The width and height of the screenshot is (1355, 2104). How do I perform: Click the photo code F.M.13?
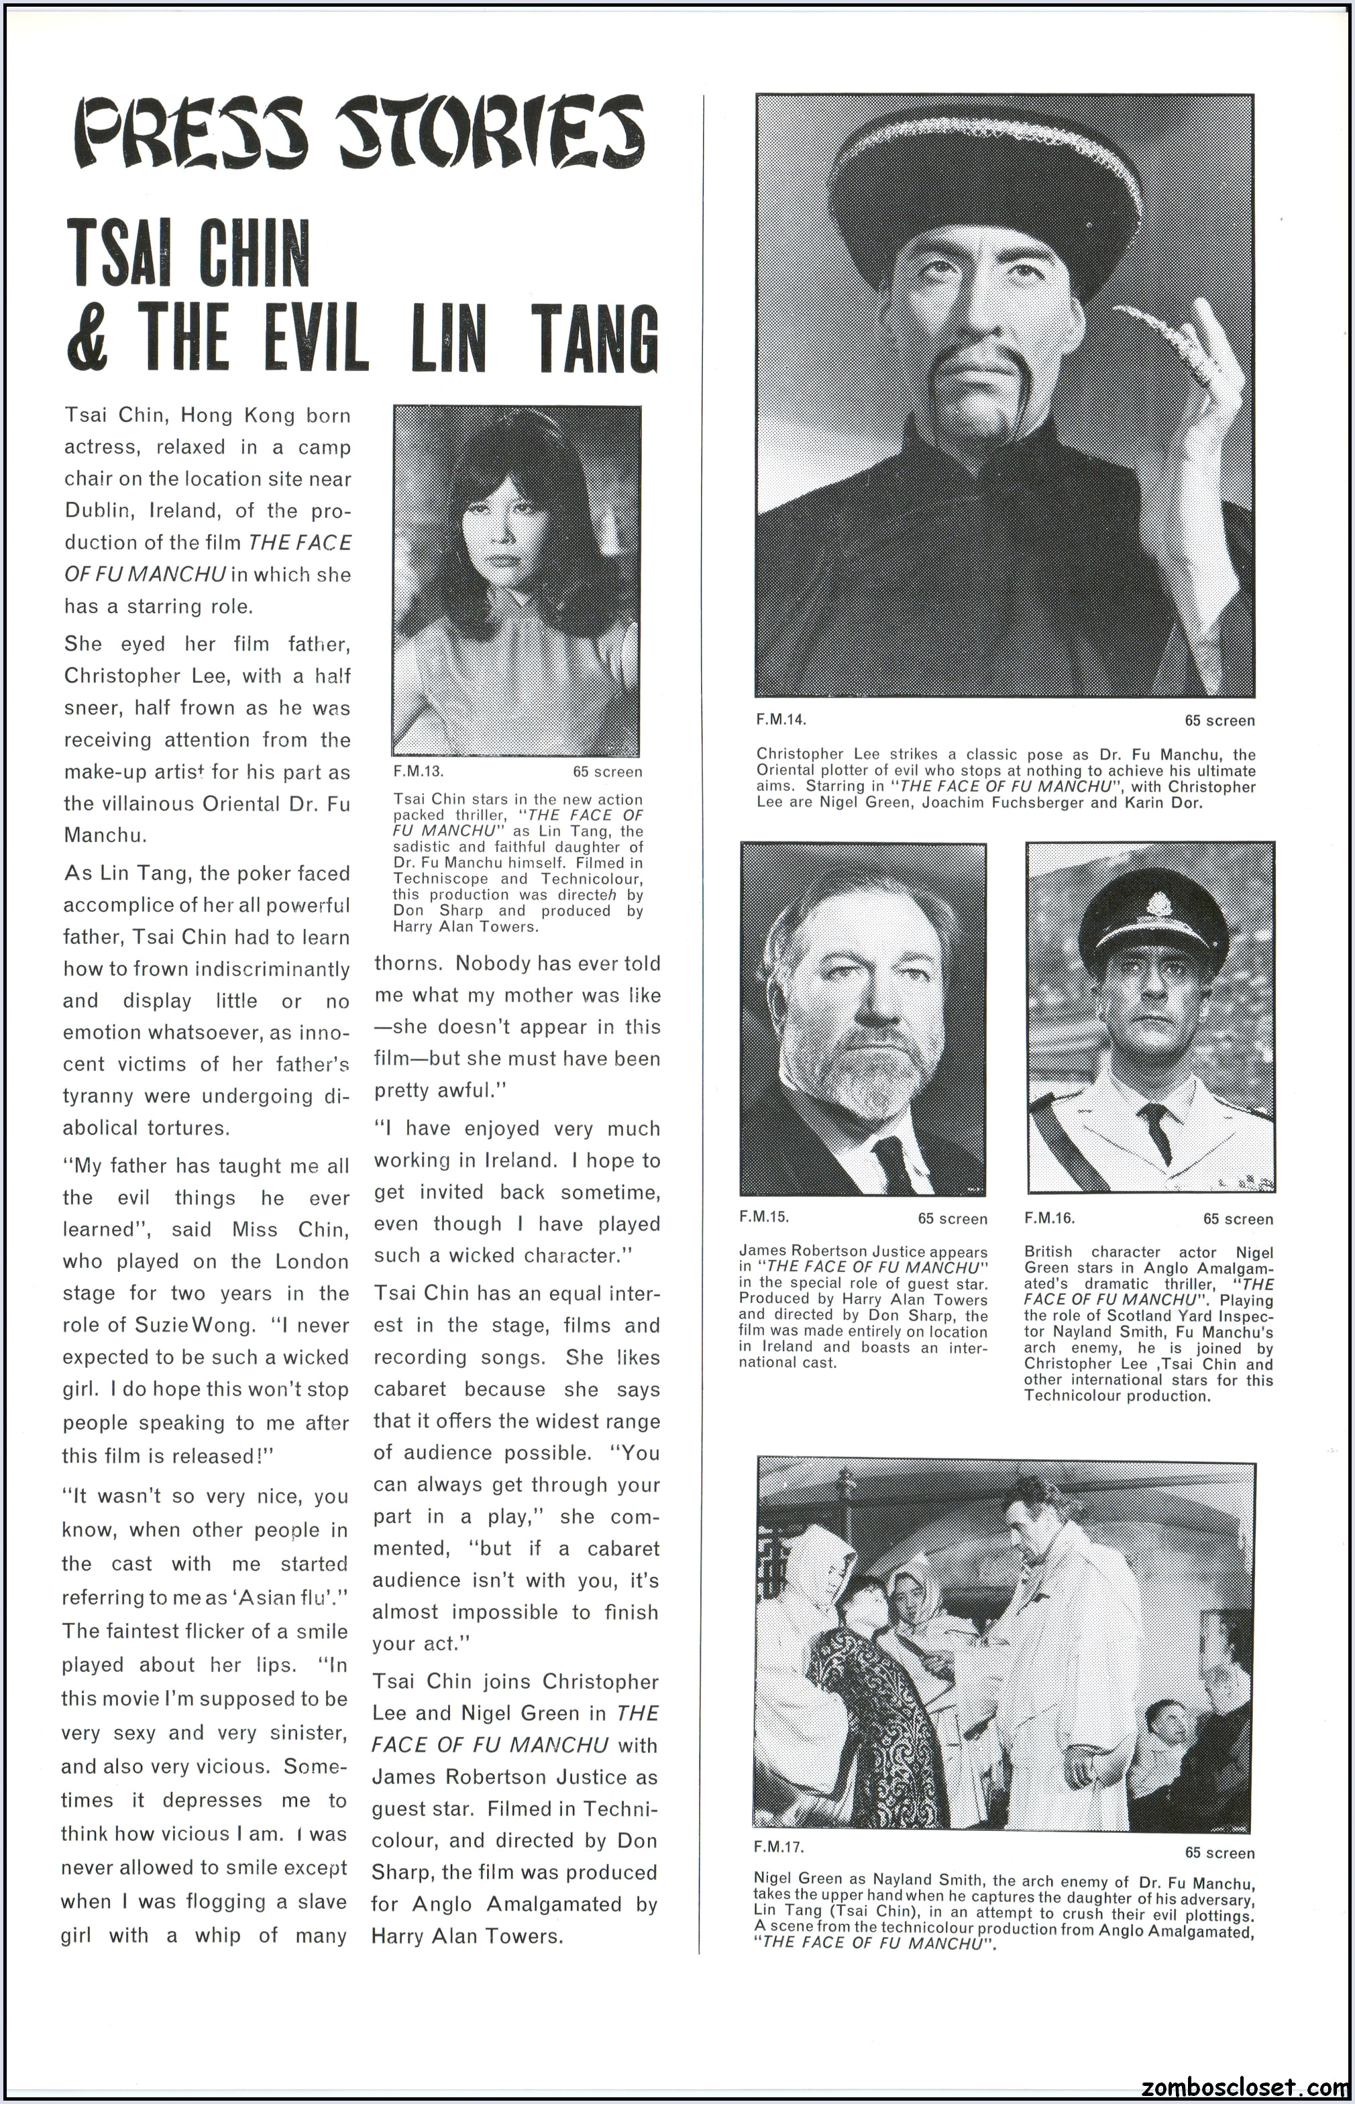[x=418, y=772]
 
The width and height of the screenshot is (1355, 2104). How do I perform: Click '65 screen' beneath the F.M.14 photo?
[x=1219, y=720]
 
